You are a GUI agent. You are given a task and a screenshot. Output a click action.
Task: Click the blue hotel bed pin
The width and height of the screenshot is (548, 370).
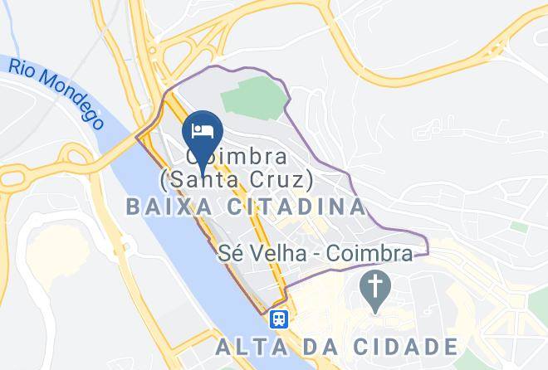(x=202, y=133)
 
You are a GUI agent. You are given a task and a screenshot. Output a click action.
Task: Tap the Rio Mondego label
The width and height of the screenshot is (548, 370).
(x=58, y=94)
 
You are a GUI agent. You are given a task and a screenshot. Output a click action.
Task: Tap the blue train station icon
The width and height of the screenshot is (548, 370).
(x=278, y=318)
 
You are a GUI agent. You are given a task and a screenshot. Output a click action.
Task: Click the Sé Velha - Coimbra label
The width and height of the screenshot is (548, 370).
(x=314, y=254)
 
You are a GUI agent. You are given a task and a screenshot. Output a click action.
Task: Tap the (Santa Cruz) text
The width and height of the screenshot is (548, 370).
(x=237, y=178)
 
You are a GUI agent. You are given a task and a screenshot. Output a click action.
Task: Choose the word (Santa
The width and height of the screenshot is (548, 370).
(x=198, y=178)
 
